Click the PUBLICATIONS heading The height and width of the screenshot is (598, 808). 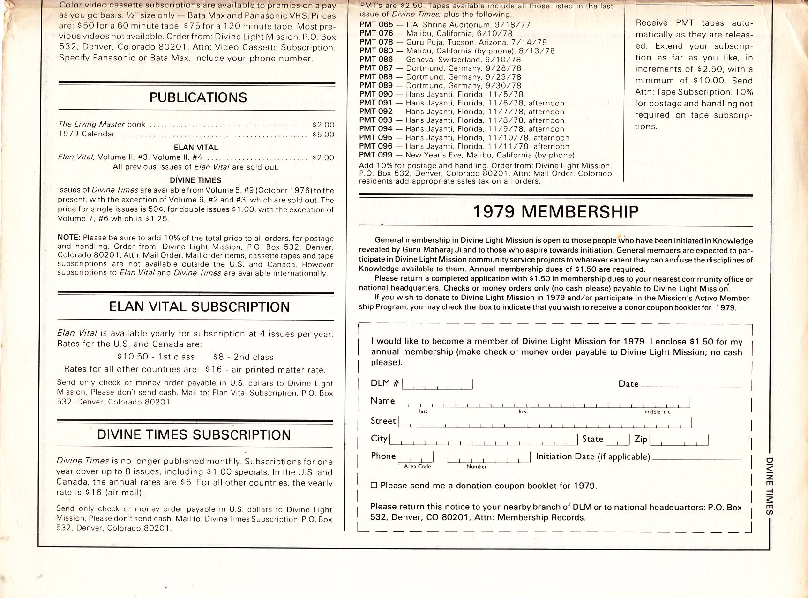[x=198, y=97]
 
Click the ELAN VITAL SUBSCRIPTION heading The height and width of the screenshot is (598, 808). [x=199, y=307]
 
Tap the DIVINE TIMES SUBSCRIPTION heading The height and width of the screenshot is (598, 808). [x=194, y=435]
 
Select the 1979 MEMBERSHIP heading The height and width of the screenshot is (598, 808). [x=555, y=212]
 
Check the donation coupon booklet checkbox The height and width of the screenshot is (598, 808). [x=374, y=486]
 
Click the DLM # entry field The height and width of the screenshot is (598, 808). [x=437, y=384]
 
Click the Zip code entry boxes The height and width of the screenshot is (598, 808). [x=679, y=440]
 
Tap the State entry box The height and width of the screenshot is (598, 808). [x=618, y=440]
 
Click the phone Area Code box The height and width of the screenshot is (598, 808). [x=416, y=456]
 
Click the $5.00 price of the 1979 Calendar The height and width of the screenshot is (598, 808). [x=323, y=135]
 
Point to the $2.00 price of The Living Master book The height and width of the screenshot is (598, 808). [x=323, y=125]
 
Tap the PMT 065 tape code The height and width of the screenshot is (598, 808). [x=376, y=24]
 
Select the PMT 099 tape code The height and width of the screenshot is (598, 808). [x=376, y=155]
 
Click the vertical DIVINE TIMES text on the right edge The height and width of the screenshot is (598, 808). [x=769, y=486]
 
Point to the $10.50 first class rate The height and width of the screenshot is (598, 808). [x=133, y=357]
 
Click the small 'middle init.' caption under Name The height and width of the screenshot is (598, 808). [x=658, y=412]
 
